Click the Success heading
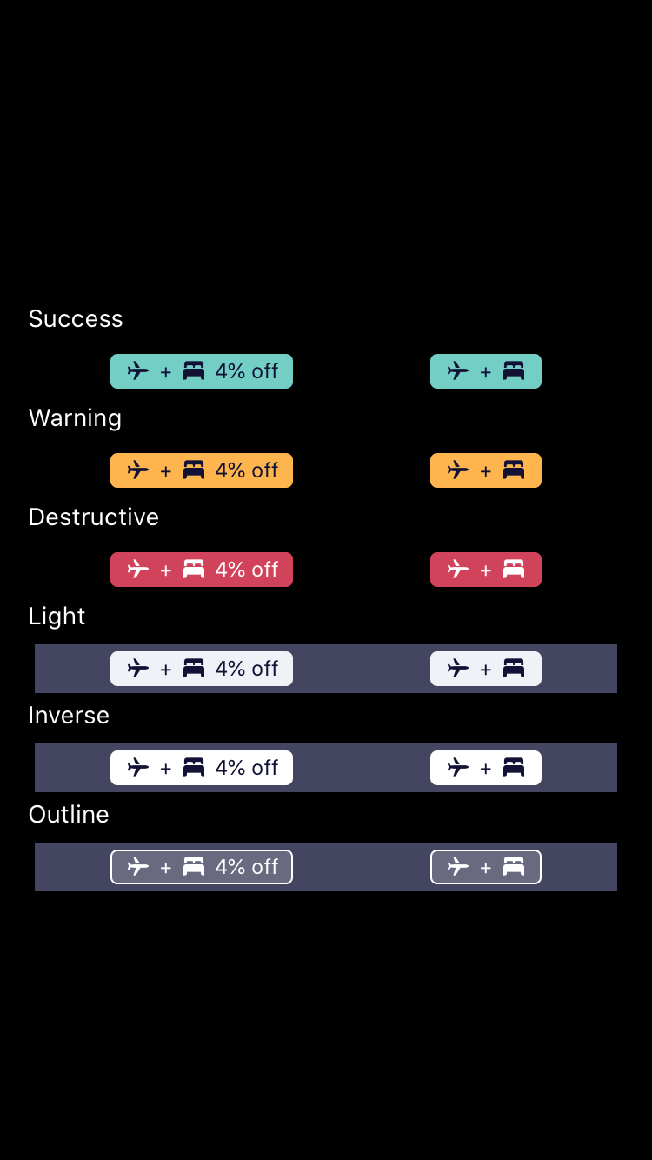pyautogui.click(x=76, y=319)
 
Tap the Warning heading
pyautogui.click(x=75, y=418)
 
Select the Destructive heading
pyautogui.click(x=94, y=517)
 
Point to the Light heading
pyautogui.click(x=57, y=617)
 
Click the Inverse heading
pyautogui.click(x=69, y=716)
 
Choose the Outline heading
pyautogui.click(x=69, y=815)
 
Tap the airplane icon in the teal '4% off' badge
pyautogui.click(x=138, y=371)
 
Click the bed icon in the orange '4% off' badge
pyautogui.click(x=194, y=470)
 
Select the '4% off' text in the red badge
pyautogui.click(x=247, y=570)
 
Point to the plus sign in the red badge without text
pyautogui.click(x=486, y=570)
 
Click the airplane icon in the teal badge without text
pyautogui.click(x=458, y=371)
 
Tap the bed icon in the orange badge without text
pyautogui.click(x=514, y=470)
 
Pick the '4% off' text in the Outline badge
pyautogui.click(x=247, y=867)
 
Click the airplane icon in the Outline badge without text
pyautogui.click(x=458, y=867)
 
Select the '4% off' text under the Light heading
pyautogui.click(x=247, y=669)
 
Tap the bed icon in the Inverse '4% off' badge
pyautogui.click(x=194, y=768)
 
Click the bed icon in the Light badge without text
pyautogui.click(x=514, y=669)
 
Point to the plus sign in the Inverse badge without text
pyautogui.click(x=486, y=769)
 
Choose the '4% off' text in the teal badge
pyautogui.click(x=247, y=371)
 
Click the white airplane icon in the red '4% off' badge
pyautogui.click(x=138, y=570)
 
